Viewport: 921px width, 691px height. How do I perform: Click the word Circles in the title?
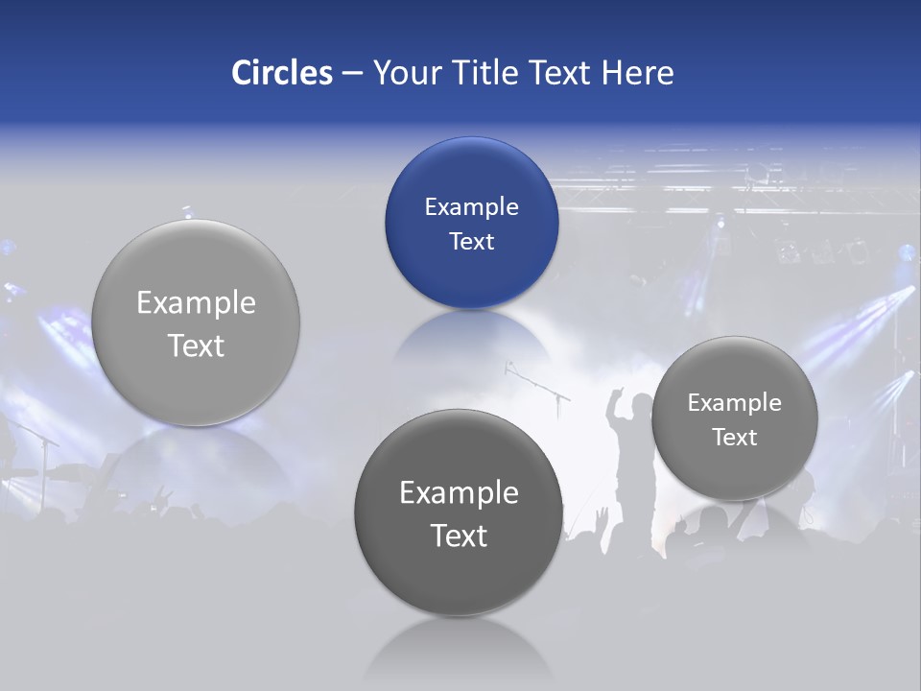282,73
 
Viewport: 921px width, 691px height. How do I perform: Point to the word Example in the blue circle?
471,206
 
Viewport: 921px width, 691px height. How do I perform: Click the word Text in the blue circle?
471,241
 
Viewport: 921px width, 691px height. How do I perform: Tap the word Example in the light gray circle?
196,302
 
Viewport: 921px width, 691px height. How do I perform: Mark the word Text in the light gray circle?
196,345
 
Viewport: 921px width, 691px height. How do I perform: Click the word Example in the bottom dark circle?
459,492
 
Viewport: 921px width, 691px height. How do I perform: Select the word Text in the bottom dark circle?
459,536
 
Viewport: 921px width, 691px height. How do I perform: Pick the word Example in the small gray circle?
735,402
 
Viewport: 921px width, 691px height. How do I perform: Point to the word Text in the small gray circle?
735,437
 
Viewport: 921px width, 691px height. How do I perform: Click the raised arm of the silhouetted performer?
614,403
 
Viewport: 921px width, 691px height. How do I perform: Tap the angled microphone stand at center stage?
536,383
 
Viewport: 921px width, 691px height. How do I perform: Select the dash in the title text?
352,73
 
